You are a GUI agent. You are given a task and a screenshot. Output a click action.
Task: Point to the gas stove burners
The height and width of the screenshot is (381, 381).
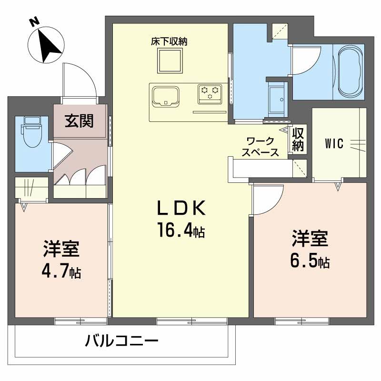coord(209,92)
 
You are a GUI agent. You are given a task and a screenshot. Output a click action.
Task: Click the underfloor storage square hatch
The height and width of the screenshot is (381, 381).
coord(169,61)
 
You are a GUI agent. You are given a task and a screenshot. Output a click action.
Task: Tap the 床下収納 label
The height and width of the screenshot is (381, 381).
coord(169,41)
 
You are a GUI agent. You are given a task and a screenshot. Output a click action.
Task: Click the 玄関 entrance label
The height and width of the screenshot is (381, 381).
coord(79,121)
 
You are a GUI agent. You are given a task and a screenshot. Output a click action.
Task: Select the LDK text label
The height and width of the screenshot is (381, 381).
coord(181,208)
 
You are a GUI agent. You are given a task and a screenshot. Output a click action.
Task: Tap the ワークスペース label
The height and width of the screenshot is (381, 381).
coord(260,147)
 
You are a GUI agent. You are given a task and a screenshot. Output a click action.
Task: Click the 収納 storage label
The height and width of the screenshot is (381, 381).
coord(298,139)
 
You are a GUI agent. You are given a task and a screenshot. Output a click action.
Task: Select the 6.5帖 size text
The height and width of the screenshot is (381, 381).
coord(310,261)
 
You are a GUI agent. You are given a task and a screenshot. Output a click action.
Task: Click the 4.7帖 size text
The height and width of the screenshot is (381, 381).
coord(61,272)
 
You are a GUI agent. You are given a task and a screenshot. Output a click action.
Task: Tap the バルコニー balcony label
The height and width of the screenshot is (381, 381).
coord(121,341)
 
